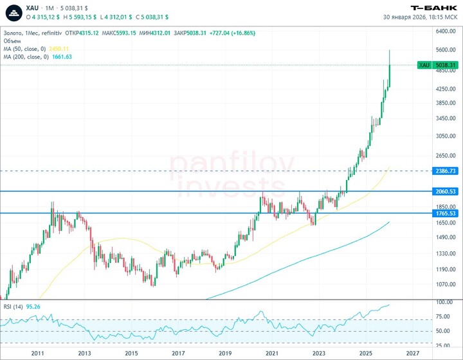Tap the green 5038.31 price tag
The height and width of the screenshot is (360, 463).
[445, 65]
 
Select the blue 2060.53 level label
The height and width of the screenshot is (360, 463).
[445, 192]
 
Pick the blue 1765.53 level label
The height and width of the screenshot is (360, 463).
[445, 213]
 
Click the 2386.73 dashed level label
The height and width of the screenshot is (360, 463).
[445, 171]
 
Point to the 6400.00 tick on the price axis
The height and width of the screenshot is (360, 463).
[445, 31]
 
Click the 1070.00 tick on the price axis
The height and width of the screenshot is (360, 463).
[445, 284]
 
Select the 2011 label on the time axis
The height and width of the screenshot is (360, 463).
[37, 354]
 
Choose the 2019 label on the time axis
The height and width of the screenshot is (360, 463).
[225, 354]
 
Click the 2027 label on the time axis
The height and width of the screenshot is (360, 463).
[413, 354]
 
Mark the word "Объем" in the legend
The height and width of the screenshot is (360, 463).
[12, 40]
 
